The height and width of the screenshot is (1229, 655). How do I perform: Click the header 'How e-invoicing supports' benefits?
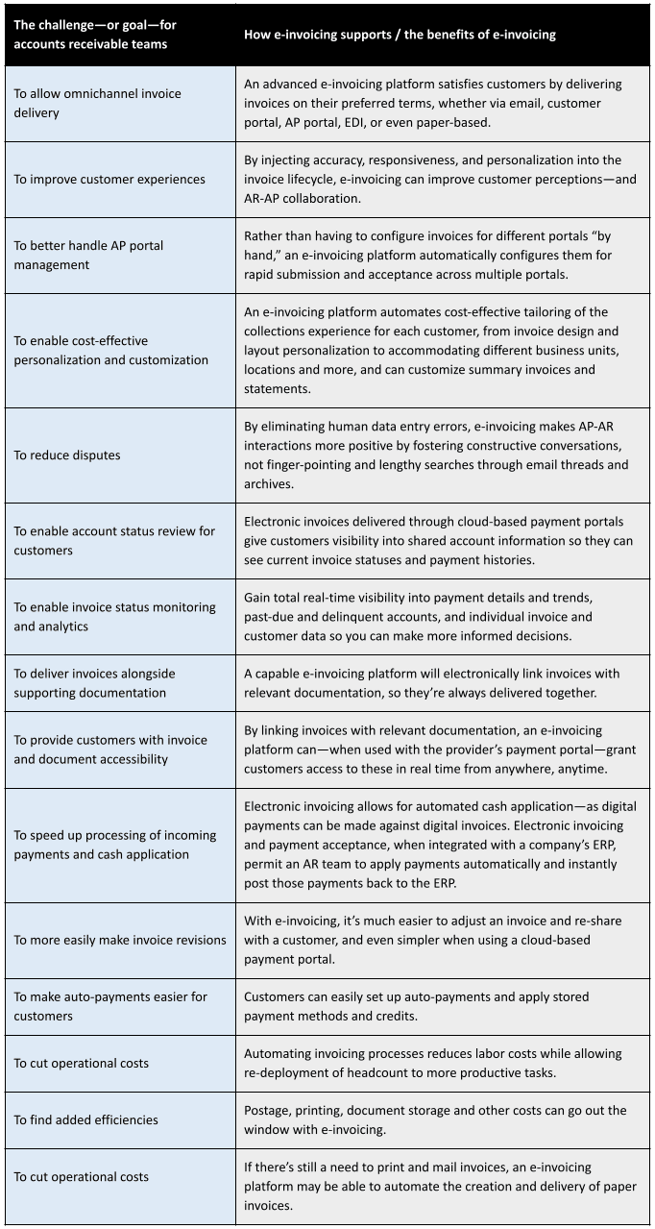[400, 35]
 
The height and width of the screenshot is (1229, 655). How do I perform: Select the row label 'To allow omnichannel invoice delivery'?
[97, 103]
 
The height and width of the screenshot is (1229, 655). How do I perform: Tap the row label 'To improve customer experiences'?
[109, 179]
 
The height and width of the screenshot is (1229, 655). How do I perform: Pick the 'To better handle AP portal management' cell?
[88, 255]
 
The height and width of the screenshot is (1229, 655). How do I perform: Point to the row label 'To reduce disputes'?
[67, 455]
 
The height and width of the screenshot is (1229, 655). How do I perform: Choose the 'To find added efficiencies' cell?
[85, 1119]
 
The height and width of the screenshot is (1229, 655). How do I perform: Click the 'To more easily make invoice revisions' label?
[120, 940]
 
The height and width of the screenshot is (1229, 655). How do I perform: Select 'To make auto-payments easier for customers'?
[110, 1006]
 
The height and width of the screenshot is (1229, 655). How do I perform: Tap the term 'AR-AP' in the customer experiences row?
[264, 198]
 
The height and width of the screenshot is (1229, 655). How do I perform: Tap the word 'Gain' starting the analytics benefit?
[259, 598]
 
